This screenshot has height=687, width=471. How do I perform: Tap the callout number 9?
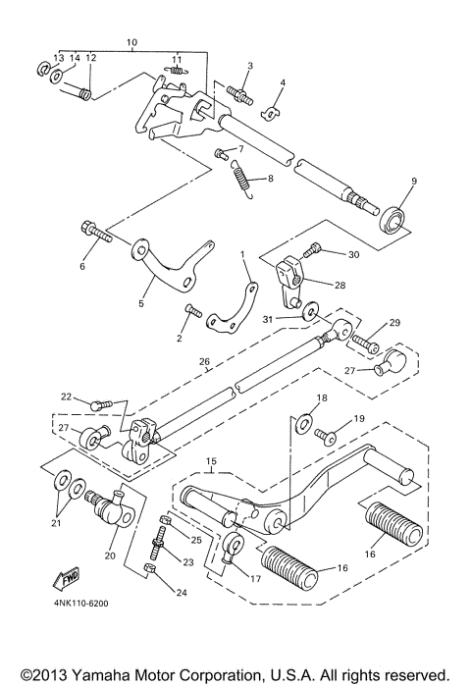pyautogui.click(x=413, y=182)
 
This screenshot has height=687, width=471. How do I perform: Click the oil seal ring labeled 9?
pyautogui.click(x=394, y=218)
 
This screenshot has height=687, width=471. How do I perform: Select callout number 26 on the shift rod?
pyautogui.click(x=204, y=362)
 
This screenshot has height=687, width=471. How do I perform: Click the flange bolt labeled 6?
pyautogui.click(x=95, y=234)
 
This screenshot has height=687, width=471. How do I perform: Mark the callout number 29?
pyautogui.click(x=394, y=323)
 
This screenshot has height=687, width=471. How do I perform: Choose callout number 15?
pyautogui.click(x=210, y=461)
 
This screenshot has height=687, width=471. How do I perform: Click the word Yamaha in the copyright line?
pyautogui.click(x=91, y=675)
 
